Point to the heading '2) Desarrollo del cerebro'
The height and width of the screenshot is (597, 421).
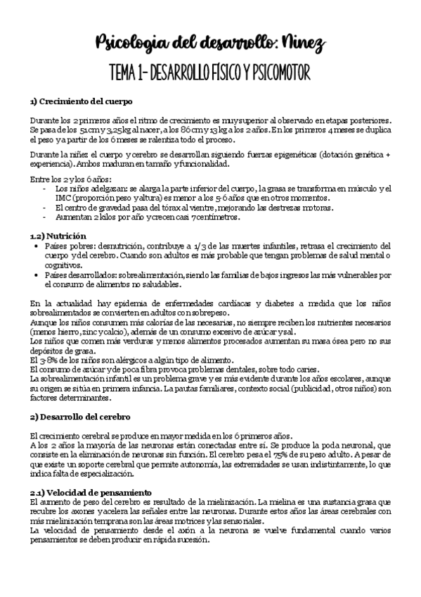pos(80,417)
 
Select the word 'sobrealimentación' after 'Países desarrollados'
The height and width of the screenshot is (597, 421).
pos(151,275)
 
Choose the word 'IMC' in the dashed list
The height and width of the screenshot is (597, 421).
pos(63,199)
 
